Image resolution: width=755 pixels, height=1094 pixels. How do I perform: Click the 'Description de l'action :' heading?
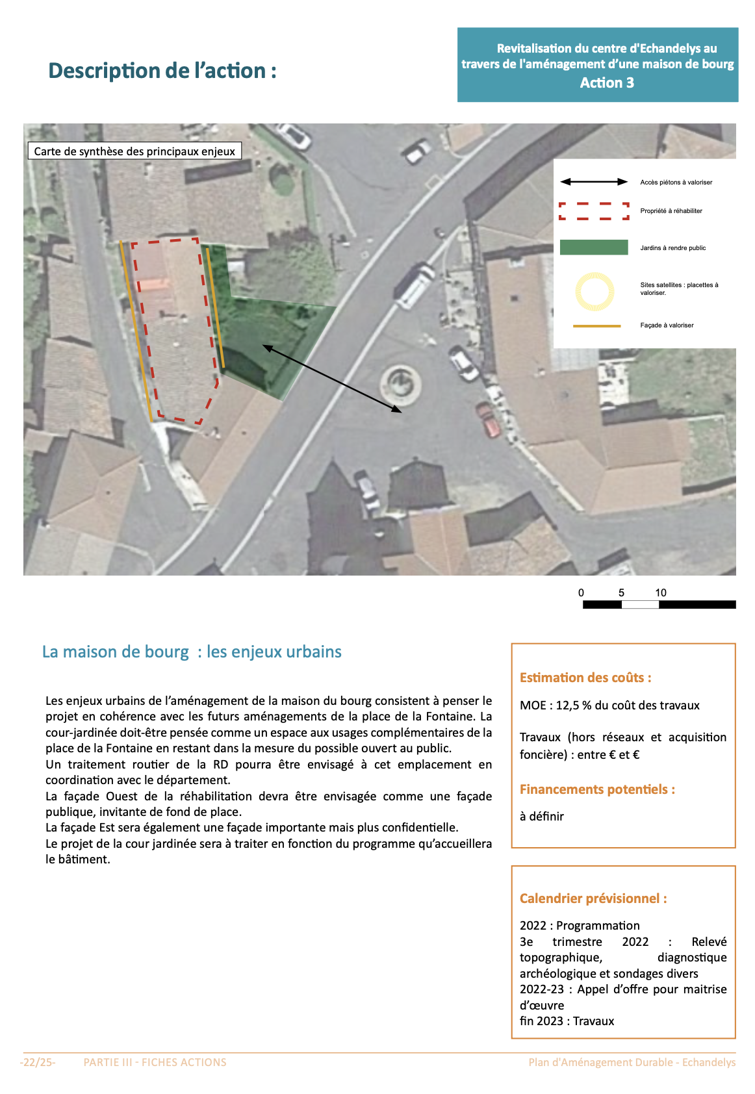point(162,71)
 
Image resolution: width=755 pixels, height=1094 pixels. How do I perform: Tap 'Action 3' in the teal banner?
point(607,83)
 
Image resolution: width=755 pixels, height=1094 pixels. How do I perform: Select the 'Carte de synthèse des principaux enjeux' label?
point(134,151)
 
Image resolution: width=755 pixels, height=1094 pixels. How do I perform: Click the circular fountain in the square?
point(400,385)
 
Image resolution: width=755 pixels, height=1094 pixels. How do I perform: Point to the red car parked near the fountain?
point(489,420)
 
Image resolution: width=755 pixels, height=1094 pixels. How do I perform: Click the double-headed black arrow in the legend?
point(594,182)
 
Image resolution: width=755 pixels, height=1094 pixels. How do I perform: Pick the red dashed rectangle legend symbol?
point(594,210)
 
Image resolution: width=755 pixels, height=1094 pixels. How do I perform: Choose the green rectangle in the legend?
point(594,248)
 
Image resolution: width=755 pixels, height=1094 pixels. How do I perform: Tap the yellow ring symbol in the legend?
point(594,291)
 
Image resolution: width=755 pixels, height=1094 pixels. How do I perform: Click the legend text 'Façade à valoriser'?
point(667,325)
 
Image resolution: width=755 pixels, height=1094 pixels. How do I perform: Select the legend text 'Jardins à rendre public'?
point(672,248)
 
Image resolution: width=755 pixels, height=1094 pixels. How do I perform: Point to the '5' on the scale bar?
point(621,592)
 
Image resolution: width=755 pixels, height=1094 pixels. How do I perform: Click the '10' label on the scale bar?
point(661,592)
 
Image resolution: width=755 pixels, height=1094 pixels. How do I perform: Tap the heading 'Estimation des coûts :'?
point(585,678)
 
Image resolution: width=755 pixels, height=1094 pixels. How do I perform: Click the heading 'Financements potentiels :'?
point(597,789)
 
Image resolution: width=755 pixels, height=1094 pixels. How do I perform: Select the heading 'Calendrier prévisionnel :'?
point(593,898)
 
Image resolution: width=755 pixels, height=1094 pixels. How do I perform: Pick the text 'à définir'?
point(542,817)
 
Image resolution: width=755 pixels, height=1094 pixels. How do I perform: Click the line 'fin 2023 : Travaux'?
point(567,1021)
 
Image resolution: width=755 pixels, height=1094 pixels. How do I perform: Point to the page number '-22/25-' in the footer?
point(38,1062)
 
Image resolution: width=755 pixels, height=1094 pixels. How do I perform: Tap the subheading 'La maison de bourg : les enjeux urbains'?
point(192,652)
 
